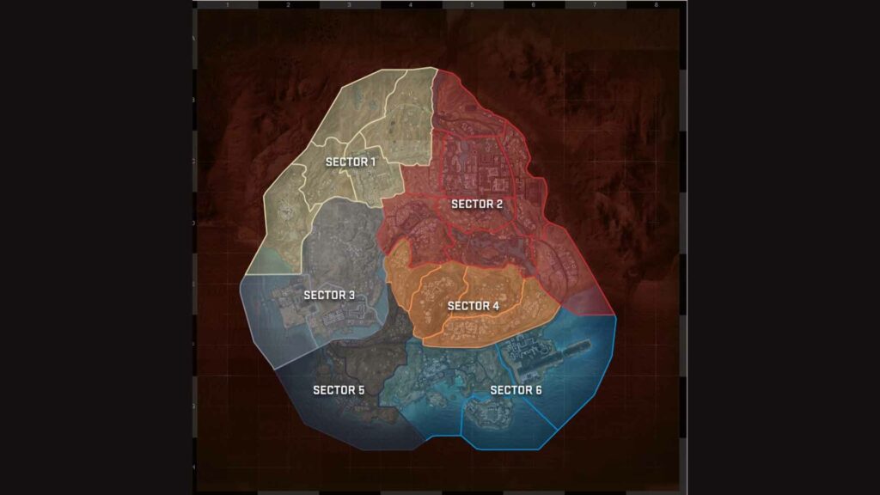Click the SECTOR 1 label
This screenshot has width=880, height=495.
point(351,162)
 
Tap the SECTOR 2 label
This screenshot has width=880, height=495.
point(477,204)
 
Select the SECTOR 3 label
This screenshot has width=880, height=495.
point(329,295)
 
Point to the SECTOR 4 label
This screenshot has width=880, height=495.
point(474,305)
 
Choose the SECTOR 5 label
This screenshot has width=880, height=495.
point(339,390)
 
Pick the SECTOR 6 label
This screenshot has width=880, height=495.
point(516,390)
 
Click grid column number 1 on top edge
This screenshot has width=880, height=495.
point(227,5)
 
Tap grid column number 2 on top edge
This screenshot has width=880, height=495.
point(288,5)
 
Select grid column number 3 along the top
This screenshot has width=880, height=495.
point(349,5)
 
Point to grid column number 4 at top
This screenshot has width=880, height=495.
point(411,5)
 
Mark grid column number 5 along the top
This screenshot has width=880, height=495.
point(472,5)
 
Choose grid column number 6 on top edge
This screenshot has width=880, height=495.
point(533,5)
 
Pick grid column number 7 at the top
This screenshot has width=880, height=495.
point(595,5)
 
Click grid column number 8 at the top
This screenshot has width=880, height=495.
point(656,5)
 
